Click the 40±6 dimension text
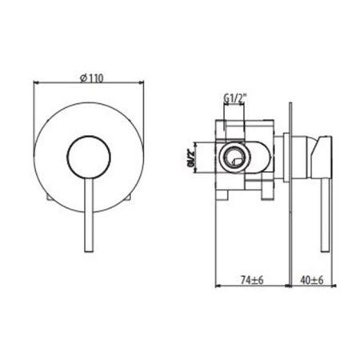coord(310,279)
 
